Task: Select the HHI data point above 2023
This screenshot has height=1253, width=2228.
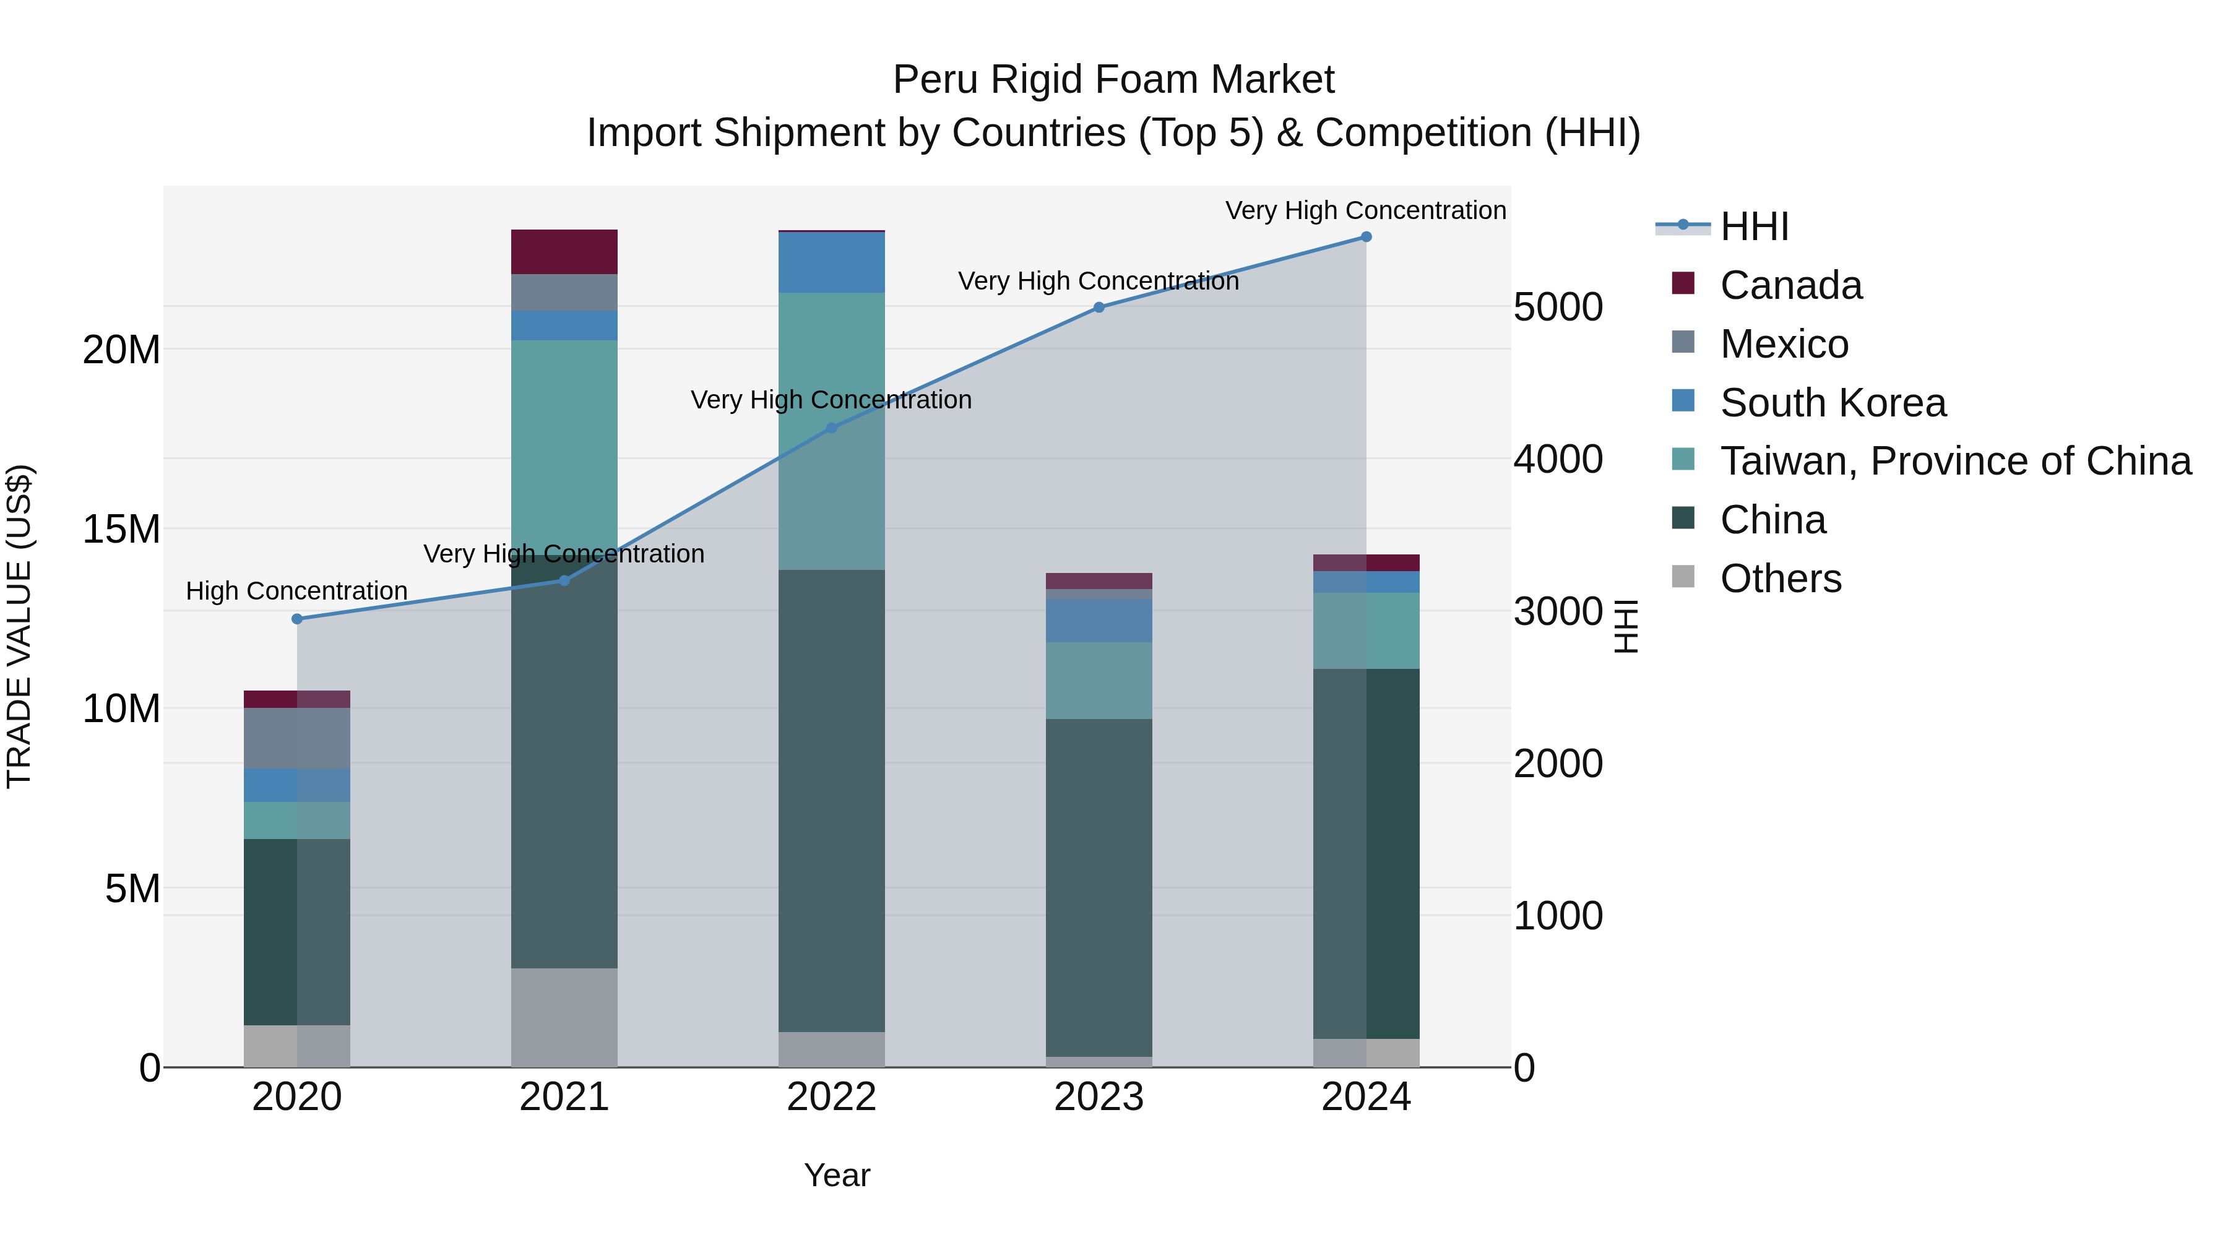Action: (x=1099, y=307)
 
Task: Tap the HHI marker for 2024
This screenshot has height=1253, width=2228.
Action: (x=1366, y=237)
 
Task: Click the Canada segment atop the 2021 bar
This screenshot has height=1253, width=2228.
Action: (x=564, y=252)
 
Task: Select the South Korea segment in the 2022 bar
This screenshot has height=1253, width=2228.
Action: (x=831, y=263)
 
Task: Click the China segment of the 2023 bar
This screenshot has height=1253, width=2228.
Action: (x=1099, y=886)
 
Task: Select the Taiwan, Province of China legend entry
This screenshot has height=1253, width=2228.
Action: (x=1954, y=462)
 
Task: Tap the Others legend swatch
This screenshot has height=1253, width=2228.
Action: (x=1683, y=576)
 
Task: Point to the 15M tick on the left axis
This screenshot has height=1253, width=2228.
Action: (x=121, y=529)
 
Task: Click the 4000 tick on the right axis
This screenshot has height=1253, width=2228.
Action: (x=1558, y=459)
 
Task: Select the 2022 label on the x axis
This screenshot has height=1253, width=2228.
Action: (x=831, y=1097)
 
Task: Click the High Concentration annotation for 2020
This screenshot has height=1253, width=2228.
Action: (x=296, y=592)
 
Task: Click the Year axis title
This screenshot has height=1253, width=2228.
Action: (x=836, y=1175)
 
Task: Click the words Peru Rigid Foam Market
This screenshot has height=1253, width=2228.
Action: (x=1113, y=80)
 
